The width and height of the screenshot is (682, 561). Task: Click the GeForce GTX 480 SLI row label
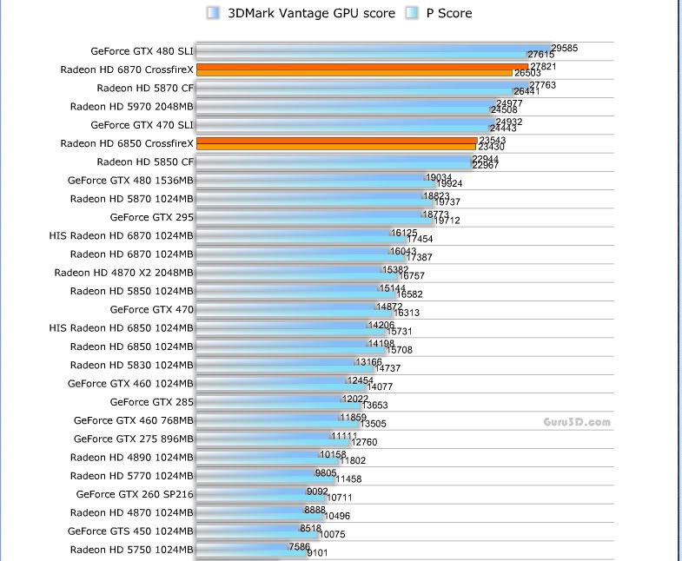tap(142, 51)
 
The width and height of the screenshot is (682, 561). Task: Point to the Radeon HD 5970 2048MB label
tap(132, 107)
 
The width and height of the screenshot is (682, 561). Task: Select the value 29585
tap(565, 49)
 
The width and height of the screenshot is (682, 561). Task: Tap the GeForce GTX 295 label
tap(151, 217)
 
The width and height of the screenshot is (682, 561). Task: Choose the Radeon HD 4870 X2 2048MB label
tap(123, 273)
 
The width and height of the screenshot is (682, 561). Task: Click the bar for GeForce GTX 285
tap(268, 402)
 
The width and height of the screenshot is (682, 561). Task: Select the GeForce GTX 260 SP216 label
tap(135, 494)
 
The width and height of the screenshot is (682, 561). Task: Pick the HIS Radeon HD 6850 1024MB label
tap(122, 328)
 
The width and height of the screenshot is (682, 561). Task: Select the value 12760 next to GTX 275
tap(363, 441)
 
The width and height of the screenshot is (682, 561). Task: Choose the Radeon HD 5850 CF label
tap(145, 162)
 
